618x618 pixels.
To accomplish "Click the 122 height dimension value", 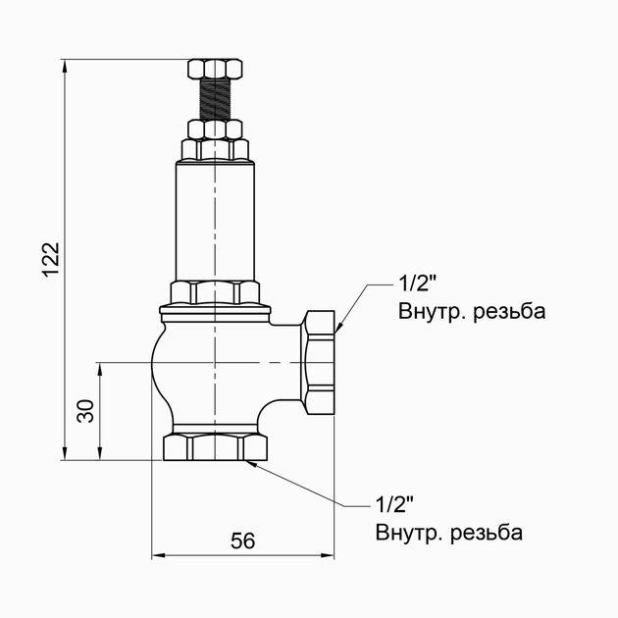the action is [x=51, y=260].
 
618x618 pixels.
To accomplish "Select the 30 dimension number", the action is [x=85, y=411].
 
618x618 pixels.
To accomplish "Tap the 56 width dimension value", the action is [x=243, y=541].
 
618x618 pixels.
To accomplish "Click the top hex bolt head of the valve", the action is [x=215, y=69].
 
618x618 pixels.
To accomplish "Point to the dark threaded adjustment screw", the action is [x=215, y=99].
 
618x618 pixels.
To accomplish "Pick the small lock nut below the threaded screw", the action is [x=215, y=129].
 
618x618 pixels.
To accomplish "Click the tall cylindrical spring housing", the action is [x=215, y=221].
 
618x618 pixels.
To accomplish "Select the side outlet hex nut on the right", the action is [x=319, y=362].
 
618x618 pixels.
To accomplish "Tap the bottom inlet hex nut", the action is [x=215, y=447].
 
